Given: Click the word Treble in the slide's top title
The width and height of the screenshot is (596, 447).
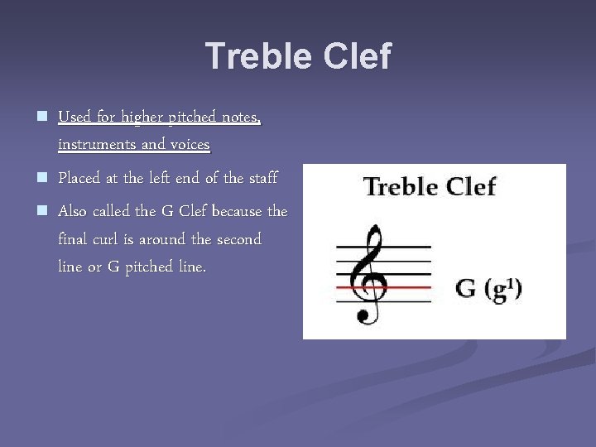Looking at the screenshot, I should [251, 56].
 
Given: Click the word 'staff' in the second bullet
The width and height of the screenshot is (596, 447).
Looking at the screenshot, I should [263, 178].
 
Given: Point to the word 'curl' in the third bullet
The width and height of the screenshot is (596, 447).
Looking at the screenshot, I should [105, 240].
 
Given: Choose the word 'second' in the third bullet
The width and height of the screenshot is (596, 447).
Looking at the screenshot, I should [238, 240].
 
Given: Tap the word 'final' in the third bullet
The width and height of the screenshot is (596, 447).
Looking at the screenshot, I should [74, 240].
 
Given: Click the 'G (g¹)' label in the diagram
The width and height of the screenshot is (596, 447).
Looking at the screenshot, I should [489, 290].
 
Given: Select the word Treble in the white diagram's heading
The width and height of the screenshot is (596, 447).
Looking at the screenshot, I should [399, 186].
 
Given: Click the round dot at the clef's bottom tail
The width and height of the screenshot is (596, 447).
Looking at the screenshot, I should [362, 315].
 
